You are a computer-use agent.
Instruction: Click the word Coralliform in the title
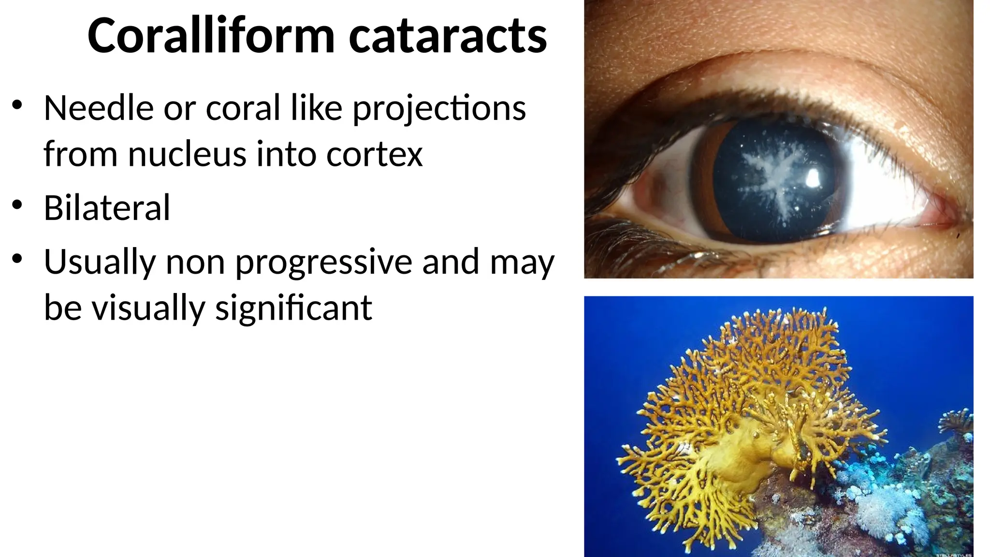coord(211,36)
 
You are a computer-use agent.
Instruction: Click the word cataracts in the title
coord(448,36)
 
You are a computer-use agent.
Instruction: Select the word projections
coord(439,109)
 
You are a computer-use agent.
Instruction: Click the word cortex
coord(374,154)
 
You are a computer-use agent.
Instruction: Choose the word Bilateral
coord(107,207)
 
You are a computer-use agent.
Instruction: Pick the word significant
coord(293,308)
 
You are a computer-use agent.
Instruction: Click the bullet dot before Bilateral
coord(17,205)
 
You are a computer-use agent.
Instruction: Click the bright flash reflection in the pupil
coord(813,178)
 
